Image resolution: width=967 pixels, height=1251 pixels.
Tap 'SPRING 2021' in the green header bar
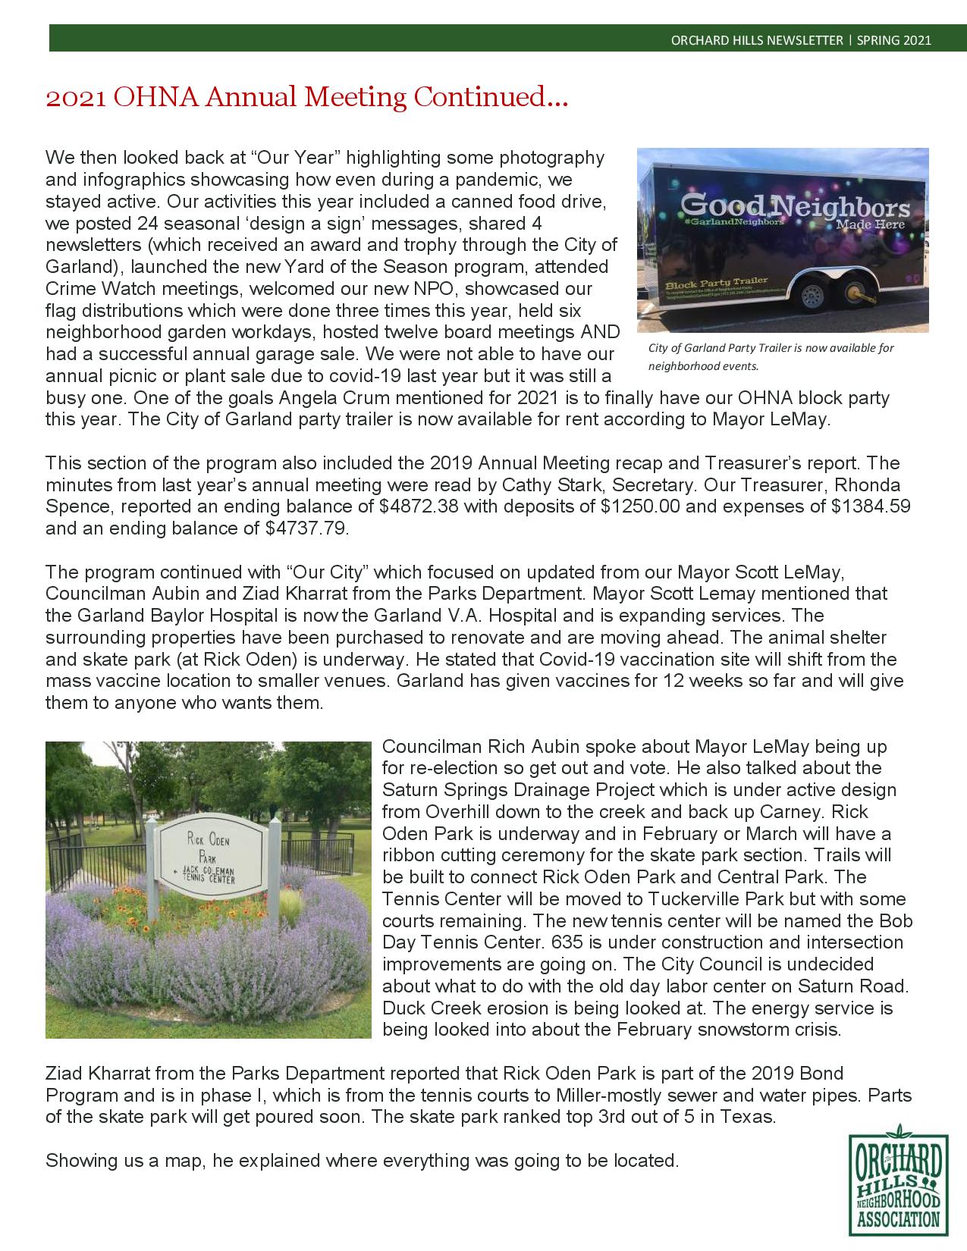(894, 40)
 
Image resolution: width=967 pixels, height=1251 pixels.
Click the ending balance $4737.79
(307, 528)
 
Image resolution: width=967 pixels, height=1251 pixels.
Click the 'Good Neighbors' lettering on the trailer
(794, 207)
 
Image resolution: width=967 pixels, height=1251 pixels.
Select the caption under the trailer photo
(771, 356)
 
